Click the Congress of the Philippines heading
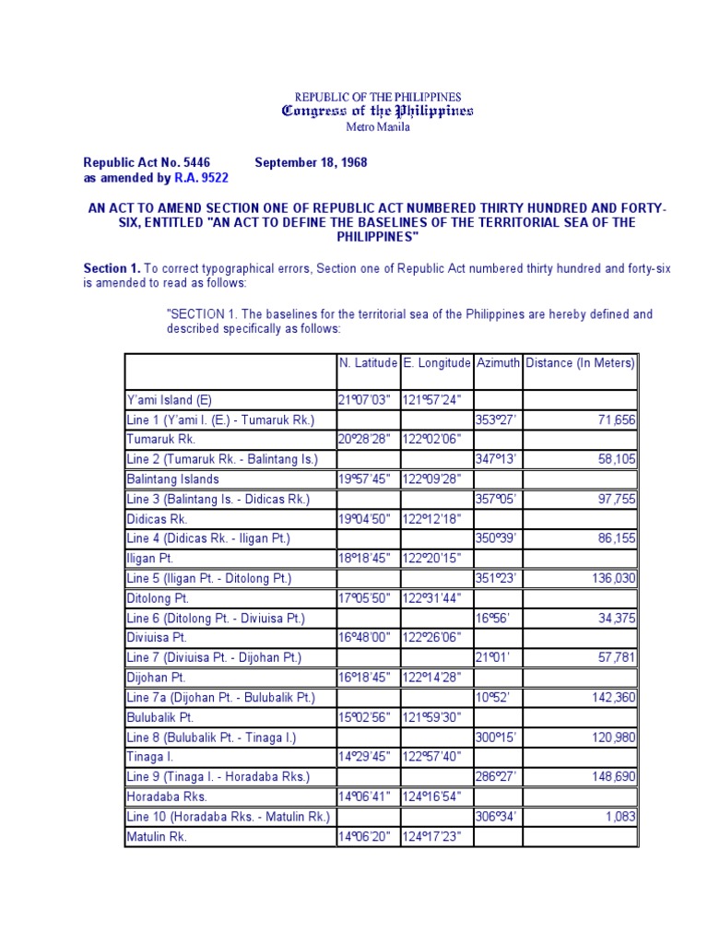click(377, 111)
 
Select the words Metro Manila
click(377, 127)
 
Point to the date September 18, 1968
click(311, 162)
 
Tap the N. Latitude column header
click(368, 363)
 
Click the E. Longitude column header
click(437, 363)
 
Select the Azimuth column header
click(498, 363)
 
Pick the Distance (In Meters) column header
click(580, 363)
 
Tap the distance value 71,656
click(617, 420)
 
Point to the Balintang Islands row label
click(172, 479)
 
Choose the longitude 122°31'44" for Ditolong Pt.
click(432, 598)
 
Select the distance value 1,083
click(620, 817)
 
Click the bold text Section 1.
click(112, 268)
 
